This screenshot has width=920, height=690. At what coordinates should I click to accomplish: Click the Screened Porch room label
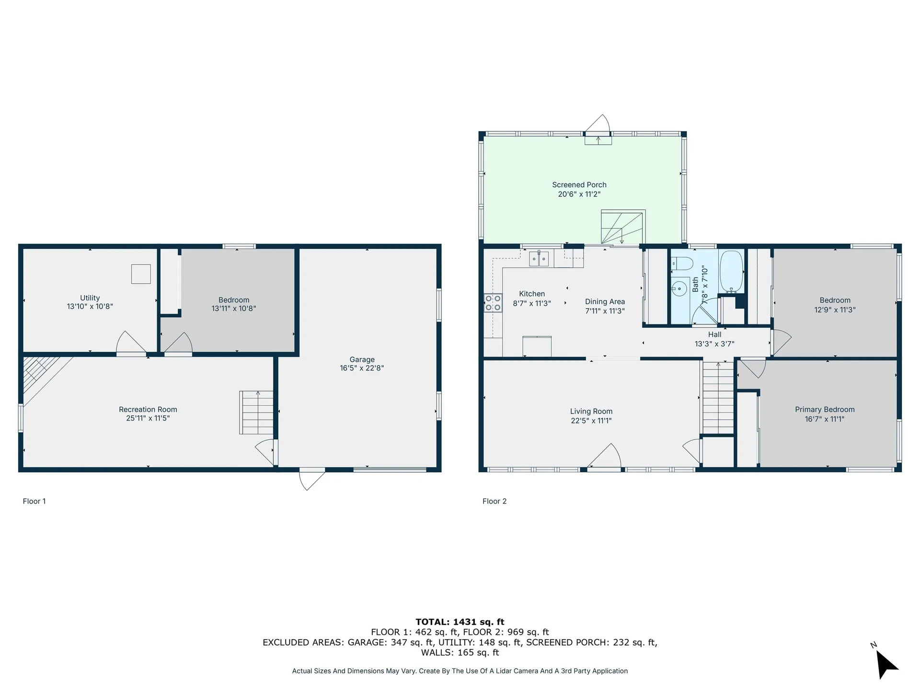579,185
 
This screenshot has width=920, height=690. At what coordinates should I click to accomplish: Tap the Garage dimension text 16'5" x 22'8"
362,368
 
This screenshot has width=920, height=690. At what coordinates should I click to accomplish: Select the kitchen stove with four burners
493,303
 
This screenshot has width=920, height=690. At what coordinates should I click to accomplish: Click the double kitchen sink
539,259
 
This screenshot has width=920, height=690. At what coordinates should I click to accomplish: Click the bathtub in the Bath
731,271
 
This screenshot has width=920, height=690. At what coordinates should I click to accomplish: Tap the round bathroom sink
679,288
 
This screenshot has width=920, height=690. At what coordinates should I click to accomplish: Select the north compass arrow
885,664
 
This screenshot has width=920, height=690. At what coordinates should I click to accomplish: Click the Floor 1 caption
34,501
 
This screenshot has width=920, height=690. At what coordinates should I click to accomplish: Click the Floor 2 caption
494,501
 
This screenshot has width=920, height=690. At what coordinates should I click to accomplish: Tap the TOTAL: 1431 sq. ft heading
460,622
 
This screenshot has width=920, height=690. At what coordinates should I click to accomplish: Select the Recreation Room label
148,410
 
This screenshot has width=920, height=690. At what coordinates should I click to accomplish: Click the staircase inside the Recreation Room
256,413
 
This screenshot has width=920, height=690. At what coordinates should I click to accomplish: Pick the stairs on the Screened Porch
622,227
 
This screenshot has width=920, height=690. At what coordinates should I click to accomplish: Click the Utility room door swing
130,343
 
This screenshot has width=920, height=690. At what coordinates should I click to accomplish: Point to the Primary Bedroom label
824,410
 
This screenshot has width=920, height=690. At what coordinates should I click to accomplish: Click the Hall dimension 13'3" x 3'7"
714,344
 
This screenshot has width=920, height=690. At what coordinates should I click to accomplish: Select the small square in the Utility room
141,274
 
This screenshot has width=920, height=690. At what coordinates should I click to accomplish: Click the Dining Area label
605,302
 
